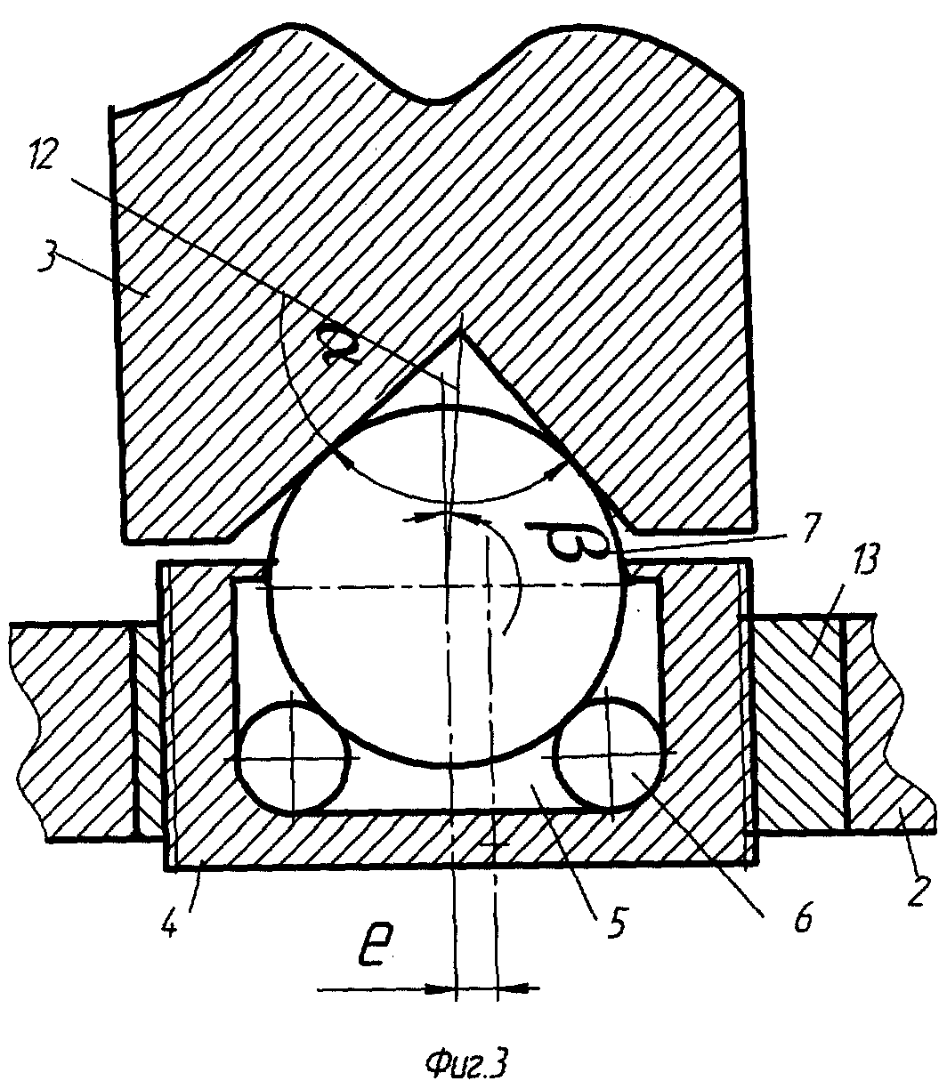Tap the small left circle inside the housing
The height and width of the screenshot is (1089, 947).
(x=292, y=757)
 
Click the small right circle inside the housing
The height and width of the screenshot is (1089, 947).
(x=611, y=754)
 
